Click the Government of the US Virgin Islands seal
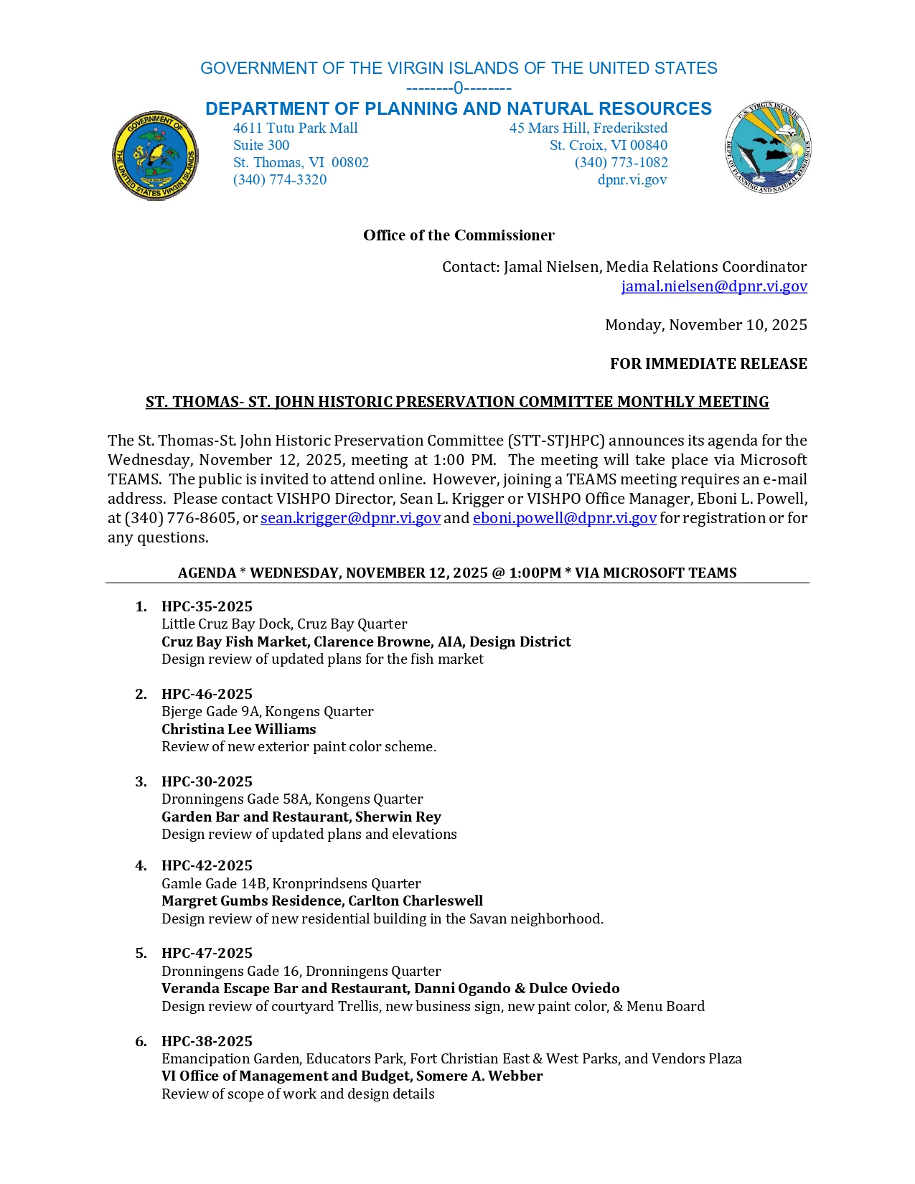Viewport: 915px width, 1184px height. [x=155, y=156]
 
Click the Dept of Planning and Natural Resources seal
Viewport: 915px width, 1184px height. [x=768, y=148]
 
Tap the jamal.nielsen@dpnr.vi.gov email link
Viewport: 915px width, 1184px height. [x=714, y=286]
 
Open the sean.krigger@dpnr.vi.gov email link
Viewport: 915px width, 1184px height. [x=350, y=518]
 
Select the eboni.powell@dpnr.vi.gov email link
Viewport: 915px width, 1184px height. [x=564, y=518]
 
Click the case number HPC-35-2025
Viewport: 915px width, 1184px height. [x=207, y=606]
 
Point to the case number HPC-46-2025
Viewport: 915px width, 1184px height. [x=207, y=694]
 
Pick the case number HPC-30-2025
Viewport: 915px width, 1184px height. [x=207, y=781]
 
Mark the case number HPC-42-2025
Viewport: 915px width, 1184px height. [x=207, y=865]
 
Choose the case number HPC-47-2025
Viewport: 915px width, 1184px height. [x=207, y=953]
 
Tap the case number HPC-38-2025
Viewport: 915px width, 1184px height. [x=207, y=1041]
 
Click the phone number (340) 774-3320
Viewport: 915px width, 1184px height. [x=280, y=180]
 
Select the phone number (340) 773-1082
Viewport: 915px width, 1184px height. [x=621, y=163]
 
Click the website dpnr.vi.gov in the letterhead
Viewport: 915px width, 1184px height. [x=632, y=180]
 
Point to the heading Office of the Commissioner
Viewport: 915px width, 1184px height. [x=459, y=235]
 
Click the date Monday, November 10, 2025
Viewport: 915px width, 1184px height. [x=705, y=325]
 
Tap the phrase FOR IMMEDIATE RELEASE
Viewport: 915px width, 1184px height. [x=708, y=364]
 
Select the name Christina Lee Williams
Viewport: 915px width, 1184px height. [x=238, y=729]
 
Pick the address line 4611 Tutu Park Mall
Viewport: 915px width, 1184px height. [x=295, y=128]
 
